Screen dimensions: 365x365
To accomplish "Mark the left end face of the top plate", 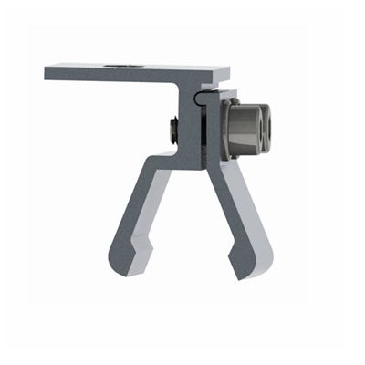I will click(47, 70).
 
